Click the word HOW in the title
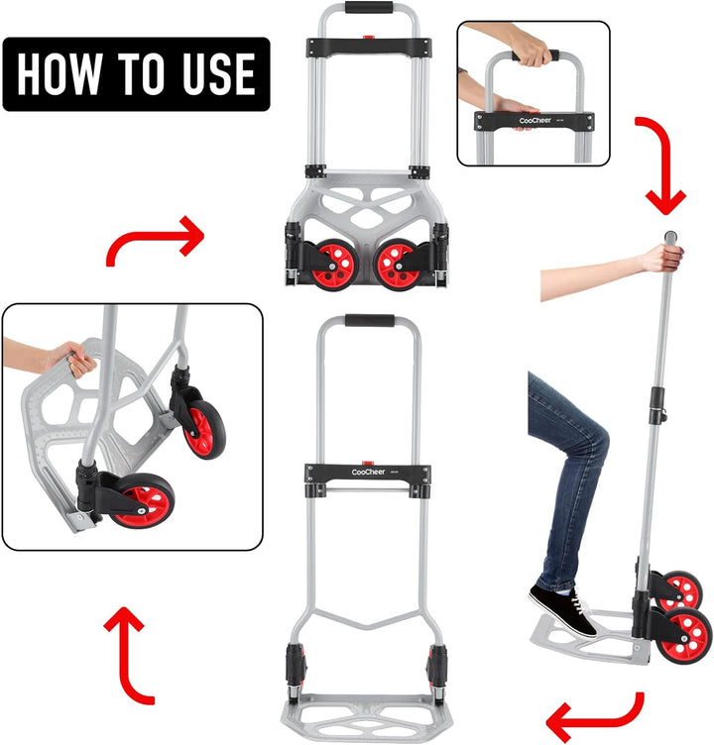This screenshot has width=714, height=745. pos(59,73)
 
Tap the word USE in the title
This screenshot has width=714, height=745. pos(219,73)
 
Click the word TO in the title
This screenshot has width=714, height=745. pos(141,73)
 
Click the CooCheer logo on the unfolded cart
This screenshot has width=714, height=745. pos(368,472)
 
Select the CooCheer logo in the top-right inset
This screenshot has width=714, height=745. pos(535,121)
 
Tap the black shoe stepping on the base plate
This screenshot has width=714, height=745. pos(563,609)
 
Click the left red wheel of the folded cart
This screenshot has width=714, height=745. pos(335,265)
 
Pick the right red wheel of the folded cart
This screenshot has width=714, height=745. pos(397,265)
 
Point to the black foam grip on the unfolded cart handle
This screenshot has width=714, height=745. pos(370,320)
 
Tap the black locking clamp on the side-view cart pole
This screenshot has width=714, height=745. pos(657,406)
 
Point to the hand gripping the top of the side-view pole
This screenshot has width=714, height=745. pos(663,258)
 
